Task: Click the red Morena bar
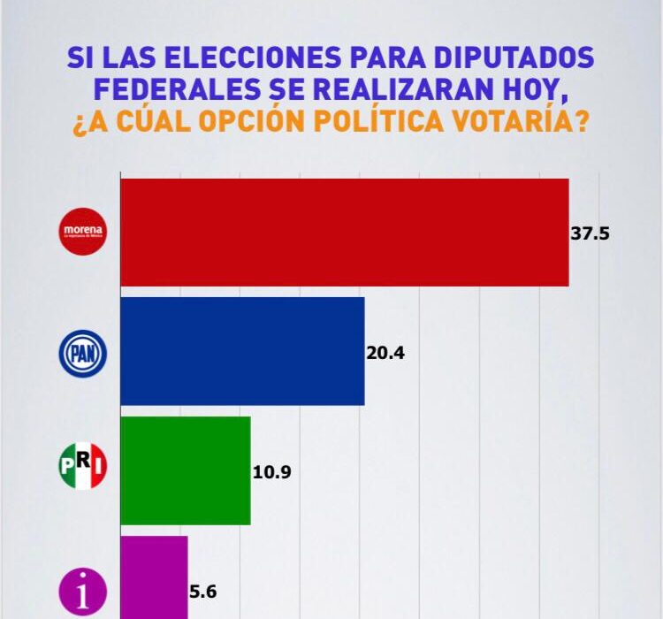click(344, 233)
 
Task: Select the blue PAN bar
click(241, 351)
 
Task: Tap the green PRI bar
click(185, 470)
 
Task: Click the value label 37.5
click(591, 234)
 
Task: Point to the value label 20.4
click(385, 353)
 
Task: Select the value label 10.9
click(271, 471)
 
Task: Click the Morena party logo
click(82, 233)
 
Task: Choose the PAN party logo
click(82, 352)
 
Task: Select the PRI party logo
click(82, 466)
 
